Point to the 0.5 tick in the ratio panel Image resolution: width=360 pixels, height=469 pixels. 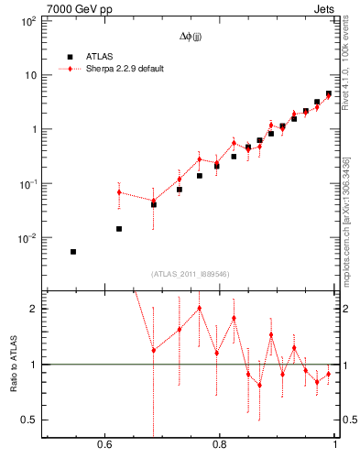[28, 420]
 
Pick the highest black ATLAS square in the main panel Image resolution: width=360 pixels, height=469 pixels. [328, 93]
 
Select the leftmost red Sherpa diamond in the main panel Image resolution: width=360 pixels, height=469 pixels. [119, 192]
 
